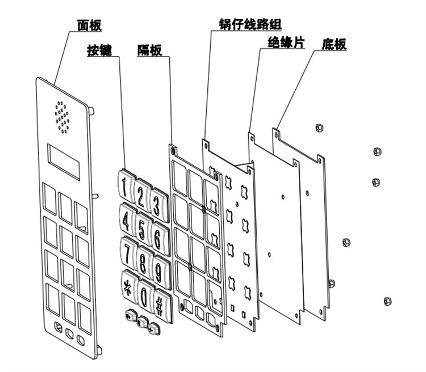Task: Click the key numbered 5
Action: pyautogui.click(x=142, y=223)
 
